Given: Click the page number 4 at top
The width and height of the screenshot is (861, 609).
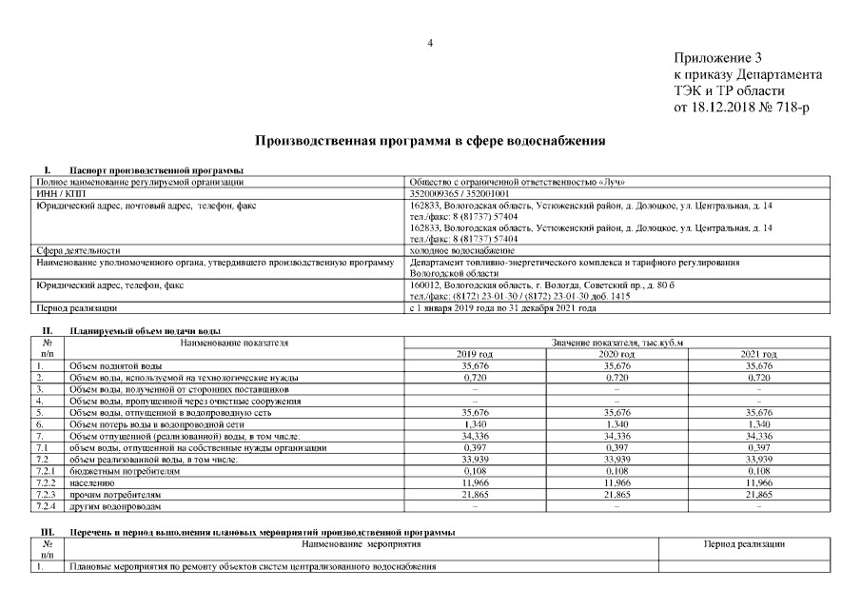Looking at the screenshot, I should point(430,42).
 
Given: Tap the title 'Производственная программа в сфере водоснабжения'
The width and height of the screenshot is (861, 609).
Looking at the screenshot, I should point(430,141).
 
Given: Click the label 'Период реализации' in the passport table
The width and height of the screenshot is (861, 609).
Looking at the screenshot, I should point(76,308).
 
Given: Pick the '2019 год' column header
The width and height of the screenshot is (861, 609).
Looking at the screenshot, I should point(474,354).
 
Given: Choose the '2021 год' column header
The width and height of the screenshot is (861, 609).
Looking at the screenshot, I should point(758,354).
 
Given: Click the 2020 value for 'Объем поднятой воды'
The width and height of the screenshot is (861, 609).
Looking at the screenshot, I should point(616,365).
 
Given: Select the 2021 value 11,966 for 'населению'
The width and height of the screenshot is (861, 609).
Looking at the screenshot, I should point(758,483).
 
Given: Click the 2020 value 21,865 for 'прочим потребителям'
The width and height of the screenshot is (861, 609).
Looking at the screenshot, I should point(616,495).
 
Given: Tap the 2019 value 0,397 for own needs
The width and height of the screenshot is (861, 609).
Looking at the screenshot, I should point(474,447).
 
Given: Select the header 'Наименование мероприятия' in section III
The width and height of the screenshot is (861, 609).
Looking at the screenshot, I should point(361,543).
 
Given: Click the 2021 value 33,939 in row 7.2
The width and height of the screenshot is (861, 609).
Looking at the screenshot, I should point(758,460).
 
